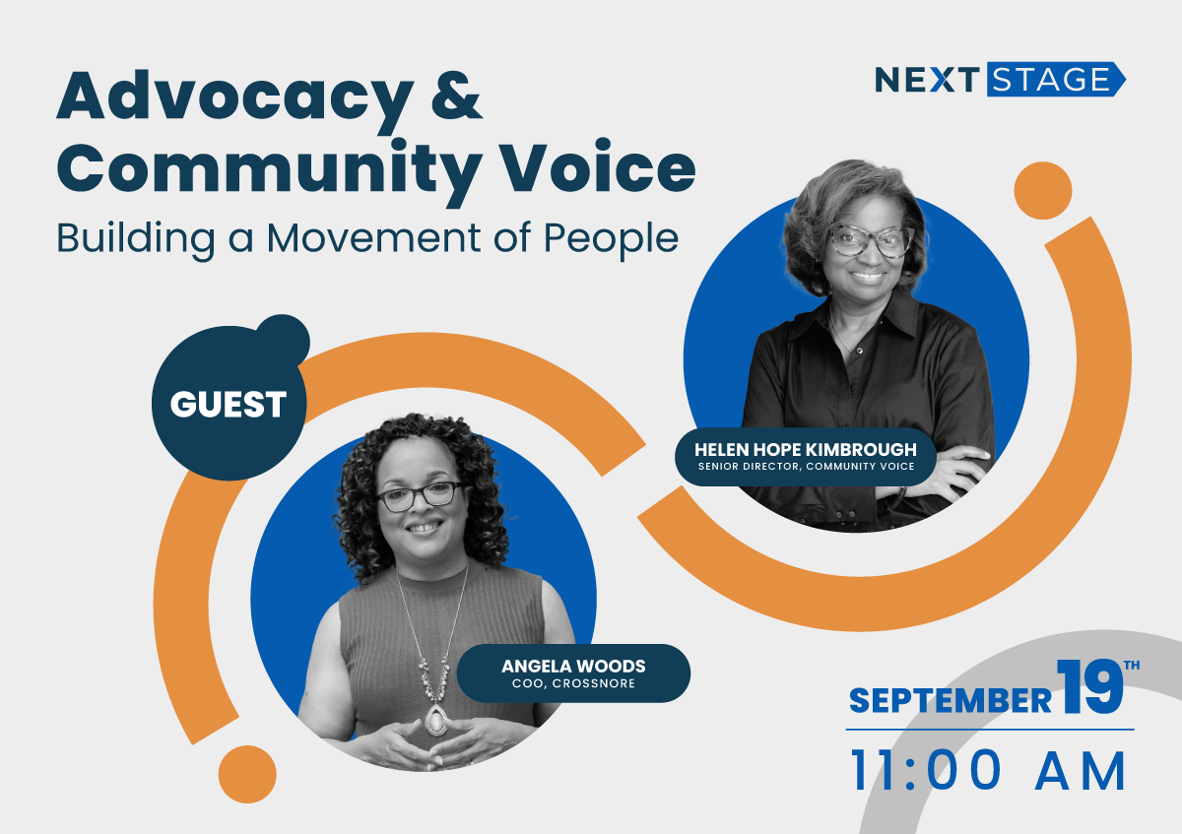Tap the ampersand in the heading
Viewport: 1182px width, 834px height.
click(x=456, y=96)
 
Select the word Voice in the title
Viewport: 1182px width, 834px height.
click(x=598, y=165)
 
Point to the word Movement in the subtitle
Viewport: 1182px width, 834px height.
click(x=373, y=238)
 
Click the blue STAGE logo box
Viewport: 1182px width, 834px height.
click(x=1056, y=79)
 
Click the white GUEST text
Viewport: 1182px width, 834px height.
click(x=228, y=404)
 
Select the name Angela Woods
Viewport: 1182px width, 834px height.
click(x=573, y=667)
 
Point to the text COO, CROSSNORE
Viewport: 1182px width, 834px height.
click(x=573, y=683)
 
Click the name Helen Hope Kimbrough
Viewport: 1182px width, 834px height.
click(x=806, y=449)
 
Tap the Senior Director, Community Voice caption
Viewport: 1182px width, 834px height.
click(x=806, y=467)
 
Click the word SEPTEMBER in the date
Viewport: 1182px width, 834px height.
click(x=951, y=700)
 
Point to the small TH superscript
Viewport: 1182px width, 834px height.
click(x=1132, y=666)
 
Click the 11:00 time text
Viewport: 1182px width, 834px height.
click(x=926, y=771)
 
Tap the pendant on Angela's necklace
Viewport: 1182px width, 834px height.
click(x=435, y=720)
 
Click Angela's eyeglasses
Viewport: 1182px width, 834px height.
click(x=421, y=496)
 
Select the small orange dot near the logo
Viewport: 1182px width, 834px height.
click(x=1043, y=190)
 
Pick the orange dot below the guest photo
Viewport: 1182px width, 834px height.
click(x=247, y=774)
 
